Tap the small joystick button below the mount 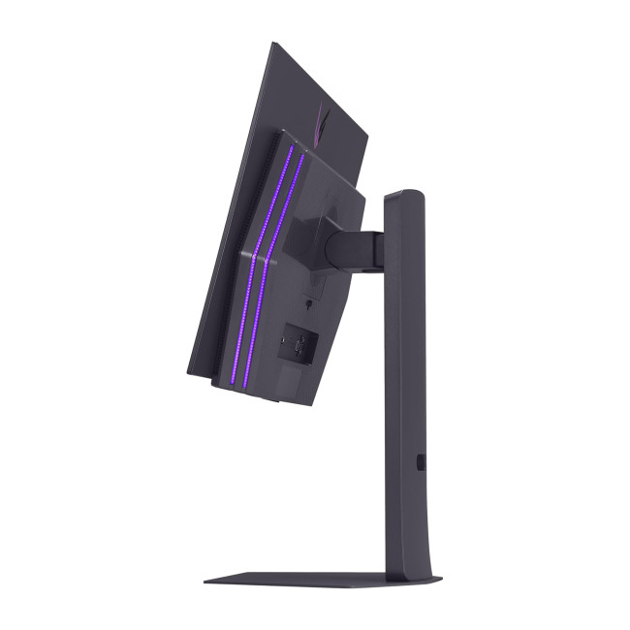coord(307,303)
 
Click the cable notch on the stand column coord(421,462)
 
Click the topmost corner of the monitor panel coord(275,43)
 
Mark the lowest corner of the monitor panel coord(189,372)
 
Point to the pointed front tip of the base coord(205,582)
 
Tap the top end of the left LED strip coord(289,149)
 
